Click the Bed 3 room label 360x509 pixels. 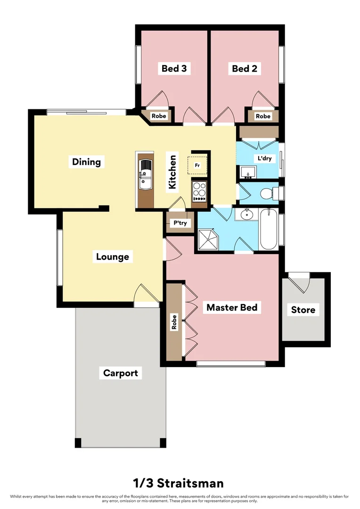point(174,69)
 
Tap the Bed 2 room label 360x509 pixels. point(244,69)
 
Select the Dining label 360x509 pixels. point(86,162)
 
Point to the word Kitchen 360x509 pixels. point(172,172)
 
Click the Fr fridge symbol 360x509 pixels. point(197,165)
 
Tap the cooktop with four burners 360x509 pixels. point(199,191)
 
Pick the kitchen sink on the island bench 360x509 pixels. point(145,174)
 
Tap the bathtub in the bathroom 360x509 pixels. point(268,230)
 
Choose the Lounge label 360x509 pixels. point(113,257)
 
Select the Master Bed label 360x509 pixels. point(232,307)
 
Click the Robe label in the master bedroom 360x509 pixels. point(174,322)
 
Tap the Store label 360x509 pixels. point(303,310)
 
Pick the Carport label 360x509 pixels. point(121,373)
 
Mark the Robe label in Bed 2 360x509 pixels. point(263,116)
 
